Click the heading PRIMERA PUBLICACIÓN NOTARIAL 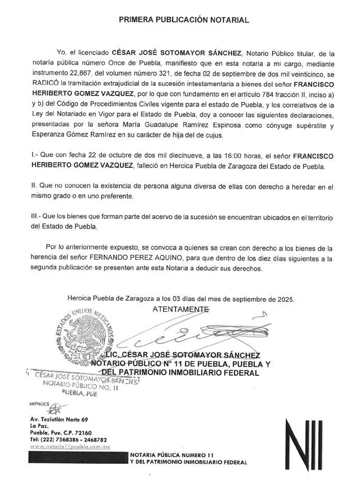pos(184,20)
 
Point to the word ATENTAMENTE pos(181,309)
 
